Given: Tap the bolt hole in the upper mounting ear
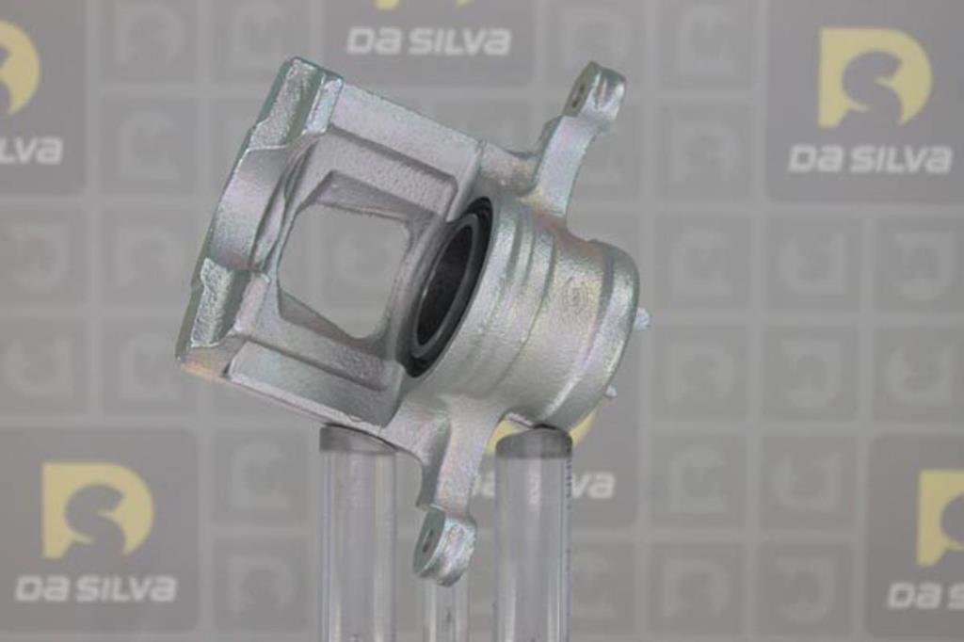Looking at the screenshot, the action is [x=579, y=95].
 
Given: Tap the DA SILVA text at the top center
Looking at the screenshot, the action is [x=428, y=40].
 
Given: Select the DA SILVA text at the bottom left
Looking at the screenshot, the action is [x=95, y=587].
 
